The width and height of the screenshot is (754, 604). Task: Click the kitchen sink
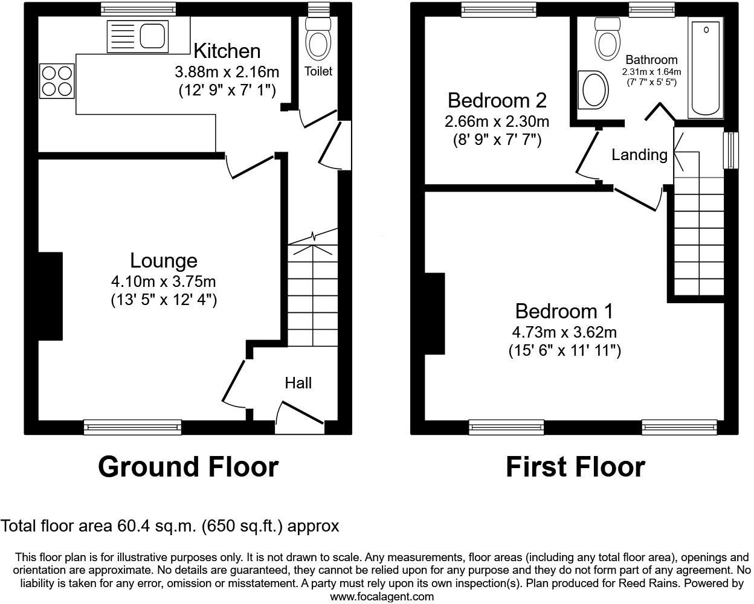tap(137, 36)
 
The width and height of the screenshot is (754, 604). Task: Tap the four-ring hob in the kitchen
tap(57, 81)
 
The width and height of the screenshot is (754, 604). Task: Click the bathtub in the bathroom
tap(706, 69)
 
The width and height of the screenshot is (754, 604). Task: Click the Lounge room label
tap(164, 261)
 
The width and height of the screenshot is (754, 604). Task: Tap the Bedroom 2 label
tap(497, 100)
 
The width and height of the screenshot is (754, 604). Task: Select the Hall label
tap(298, 383)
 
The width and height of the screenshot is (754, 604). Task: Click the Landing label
tap(639, 155)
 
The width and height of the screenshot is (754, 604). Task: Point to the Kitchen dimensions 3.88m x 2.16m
tap(227, 72)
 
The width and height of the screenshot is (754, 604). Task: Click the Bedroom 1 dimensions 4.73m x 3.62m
tap(564, 332)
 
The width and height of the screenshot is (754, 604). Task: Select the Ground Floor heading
tap(188, 467)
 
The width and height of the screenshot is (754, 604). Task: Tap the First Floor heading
tap(575, 467)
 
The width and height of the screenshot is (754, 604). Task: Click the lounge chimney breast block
tap(50, 296)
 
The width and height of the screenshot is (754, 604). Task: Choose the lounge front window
tap(132, 428)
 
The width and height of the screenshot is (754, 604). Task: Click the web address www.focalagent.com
tap(382, 597)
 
